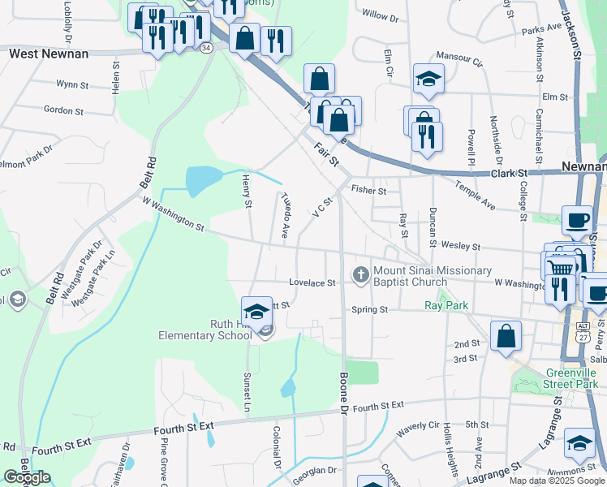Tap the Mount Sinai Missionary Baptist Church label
(x=432, y=276)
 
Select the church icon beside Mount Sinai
(x=361, y=276)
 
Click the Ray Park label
(x=446, y=305)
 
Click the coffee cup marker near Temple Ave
(x=577, y=221)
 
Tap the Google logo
(x=27, y=477)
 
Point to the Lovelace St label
(x=312, y=283)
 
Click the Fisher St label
(x=368, y=189)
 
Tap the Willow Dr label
(x=381, y=15)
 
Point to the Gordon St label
(x=64, y=110)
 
